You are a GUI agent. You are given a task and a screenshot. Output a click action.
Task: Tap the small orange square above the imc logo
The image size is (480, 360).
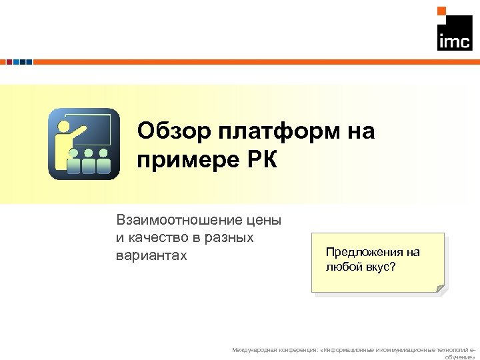(x=441, y=11)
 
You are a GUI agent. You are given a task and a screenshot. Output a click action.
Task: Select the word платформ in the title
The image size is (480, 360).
(x=281, y=131)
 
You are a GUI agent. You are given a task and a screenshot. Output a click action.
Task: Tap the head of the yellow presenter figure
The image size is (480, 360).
(x=65, y=125)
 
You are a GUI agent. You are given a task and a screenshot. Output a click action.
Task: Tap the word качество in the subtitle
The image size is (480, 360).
(x=155, y=237)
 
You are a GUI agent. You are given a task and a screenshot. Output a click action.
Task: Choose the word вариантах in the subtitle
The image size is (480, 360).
(x=151, y=255)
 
